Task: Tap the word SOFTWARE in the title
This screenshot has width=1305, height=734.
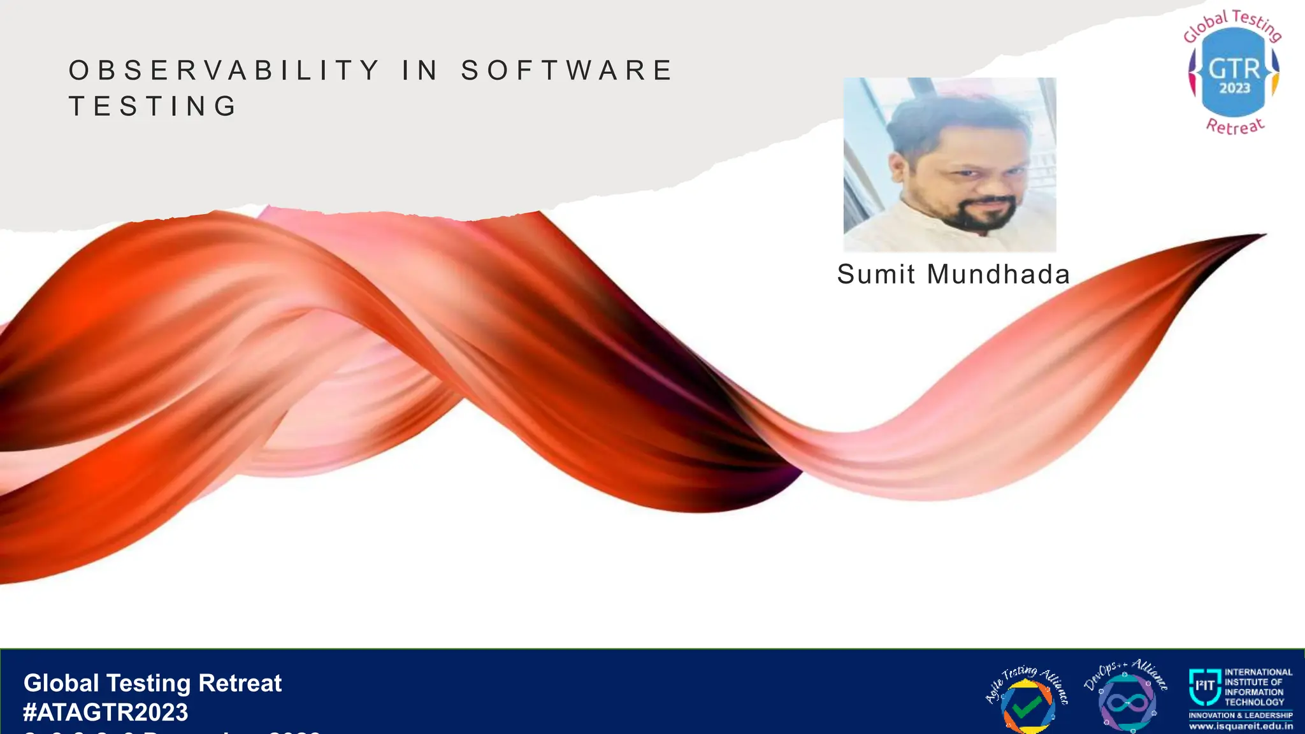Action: point(566,70)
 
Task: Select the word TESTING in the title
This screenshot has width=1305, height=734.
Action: point(154,106)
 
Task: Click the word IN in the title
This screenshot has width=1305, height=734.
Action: point(420,70)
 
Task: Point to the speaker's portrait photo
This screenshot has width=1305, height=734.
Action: point(949,164)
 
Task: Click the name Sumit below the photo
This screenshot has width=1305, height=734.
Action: point(876,275)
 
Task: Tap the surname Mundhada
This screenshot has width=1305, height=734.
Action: point(998,275)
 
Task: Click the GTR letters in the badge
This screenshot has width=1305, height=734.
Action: point(1234,68)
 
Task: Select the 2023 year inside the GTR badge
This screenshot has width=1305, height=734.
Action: point(1234,88)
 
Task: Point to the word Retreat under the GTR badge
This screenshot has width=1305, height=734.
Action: point(1235,126)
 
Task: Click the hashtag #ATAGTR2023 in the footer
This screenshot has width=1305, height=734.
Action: point(106,712)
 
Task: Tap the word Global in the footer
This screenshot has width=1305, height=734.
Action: point(61,683)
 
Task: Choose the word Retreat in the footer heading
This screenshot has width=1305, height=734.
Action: point(240,683)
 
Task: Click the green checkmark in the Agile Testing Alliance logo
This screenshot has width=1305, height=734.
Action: point(1027,707)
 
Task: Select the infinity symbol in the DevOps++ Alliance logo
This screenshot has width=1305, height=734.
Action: point(1127,703)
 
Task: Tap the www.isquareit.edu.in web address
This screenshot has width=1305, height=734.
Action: point(1241,726)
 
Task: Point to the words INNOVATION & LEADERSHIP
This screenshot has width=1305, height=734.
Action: point(1241,716)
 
